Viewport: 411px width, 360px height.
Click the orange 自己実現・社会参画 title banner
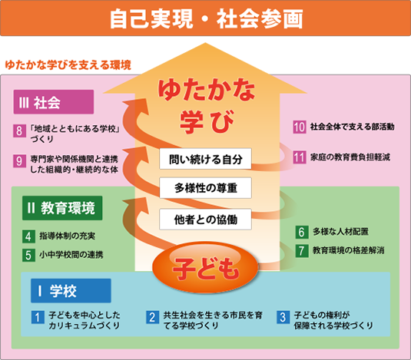point(206,18)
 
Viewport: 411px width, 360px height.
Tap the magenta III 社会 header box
point(54,102)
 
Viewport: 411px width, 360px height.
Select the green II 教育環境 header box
point(62,208)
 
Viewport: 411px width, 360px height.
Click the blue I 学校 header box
point(71,291)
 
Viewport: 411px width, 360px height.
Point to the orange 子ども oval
point(206,267)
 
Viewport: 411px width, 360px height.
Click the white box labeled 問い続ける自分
point(206,159)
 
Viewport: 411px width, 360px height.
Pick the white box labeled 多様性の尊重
point(206,188)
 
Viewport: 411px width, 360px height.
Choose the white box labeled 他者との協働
point(206,219)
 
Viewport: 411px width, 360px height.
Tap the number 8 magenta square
point(20,130)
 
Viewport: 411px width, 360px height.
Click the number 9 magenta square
point(20,160)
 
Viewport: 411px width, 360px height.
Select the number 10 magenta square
point(300,127)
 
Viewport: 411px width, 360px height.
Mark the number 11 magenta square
point(300,157)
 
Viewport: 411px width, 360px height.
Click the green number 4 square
point(28,236)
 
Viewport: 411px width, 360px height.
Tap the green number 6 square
point(302,232)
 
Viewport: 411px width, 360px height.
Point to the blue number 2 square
point(153,317)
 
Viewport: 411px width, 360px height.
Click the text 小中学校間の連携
point(71,255)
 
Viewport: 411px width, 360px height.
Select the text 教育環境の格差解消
point(348,250)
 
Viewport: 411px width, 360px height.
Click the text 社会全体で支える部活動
point(353,127)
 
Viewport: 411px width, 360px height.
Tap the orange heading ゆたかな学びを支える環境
point(68,65)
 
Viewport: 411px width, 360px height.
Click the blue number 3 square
point(283,317)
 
